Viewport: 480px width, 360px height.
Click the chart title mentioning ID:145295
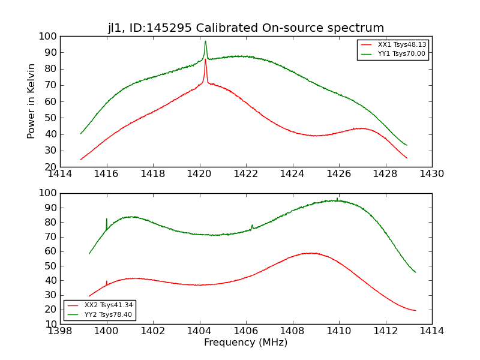pos(246,28)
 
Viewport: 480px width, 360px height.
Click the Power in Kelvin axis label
pos(31,101)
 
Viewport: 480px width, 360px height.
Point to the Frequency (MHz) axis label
pos(246,343)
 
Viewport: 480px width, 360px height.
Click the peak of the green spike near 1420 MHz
pos(205,41)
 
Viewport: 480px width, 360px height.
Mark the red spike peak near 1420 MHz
pos(205,59)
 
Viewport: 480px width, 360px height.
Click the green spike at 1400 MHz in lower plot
pos(107,219)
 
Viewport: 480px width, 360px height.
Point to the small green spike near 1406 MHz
pos(252,226)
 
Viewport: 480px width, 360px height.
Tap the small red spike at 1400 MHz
pos(107,281)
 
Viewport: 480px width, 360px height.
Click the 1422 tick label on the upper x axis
pos(246,174)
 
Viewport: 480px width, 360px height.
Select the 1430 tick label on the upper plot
pos(431,174)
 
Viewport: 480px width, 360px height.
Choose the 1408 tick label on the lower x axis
pos(292,331)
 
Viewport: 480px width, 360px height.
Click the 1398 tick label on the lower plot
pos(61,331)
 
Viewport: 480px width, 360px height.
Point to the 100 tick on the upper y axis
pos(48,36)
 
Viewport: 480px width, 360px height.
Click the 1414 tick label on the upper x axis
pos(61,174)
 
